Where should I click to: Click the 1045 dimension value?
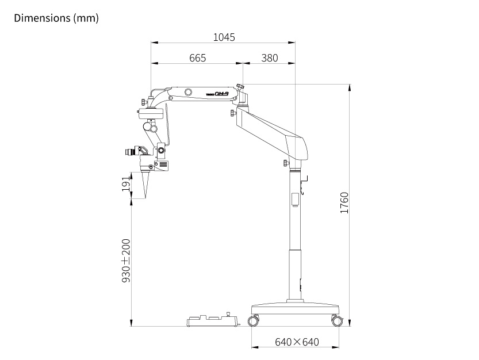tap(224, 37)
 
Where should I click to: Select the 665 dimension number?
tap(198, 58)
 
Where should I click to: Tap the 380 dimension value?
tap(270, 58)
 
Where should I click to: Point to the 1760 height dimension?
tap(344, 202)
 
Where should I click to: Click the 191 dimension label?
tap(126, 184)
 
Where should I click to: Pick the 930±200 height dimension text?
tap(126, 261)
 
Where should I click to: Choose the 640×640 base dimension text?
tap(297, 342)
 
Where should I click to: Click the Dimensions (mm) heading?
tap(56, 18)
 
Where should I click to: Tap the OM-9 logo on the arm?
tap(221, 94)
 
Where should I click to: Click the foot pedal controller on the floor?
tap(212, 320)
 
